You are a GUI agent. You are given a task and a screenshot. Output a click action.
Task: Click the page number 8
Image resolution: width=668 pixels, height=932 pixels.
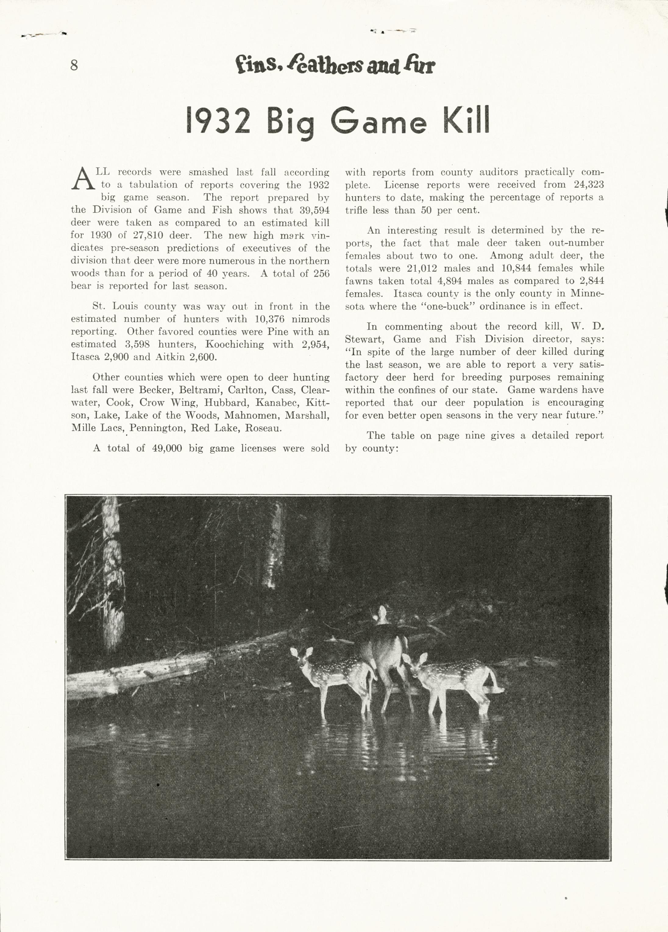(x=74, y=65)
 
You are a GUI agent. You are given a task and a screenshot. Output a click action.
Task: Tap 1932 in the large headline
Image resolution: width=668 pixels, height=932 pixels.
(x=218, y=121)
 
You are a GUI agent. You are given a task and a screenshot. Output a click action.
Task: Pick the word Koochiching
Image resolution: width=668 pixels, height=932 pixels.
(x=234, y=344)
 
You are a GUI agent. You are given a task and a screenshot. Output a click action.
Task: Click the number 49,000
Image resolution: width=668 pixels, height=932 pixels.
(x=167, y=448)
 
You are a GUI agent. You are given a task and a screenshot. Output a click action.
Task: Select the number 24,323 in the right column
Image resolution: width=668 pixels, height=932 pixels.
(x=589, y=185)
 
